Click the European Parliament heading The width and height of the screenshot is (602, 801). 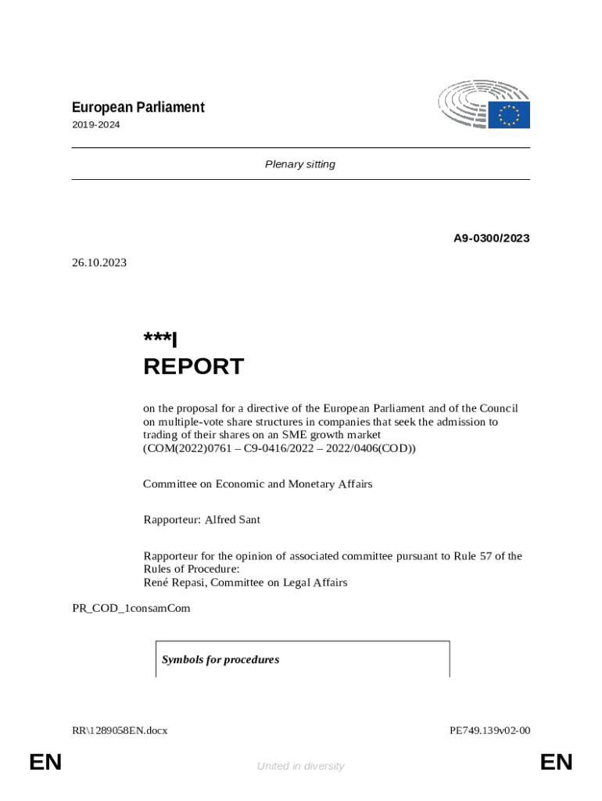coord(138,107)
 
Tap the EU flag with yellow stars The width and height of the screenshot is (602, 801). coord(509,115)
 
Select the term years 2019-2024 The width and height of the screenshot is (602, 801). coord(96,124)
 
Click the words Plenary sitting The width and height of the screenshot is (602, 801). coord(300,164)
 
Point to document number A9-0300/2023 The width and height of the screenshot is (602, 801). coord(491,238)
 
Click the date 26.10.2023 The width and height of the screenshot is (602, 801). coord(99,263)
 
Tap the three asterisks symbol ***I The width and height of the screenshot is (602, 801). coord(160,339)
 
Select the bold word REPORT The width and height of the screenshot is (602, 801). coord(193,367)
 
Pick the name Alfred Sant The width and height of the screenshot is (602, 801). coord(232,519)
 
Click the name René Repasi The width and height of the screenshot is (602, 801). coord(173,582)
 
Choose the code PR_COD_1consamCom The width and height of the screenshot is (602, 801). coord(131,608)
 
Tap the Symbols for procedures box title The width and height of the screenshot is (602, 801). coord(220,660)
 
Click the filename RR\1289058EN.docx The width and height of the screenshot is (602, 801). coord(120,731)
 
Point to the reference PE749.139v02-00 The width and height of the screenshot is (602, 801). coord(489,731)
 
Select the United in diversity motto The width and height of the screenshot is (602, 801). coord(300,767)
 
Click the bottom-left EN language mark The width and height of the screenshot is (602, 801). coord(45,762)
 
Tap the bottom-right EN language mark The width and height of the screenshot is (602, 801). coord(556,762)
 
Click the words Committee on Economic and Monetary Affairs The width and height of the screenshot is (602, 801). coord(258,484)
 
